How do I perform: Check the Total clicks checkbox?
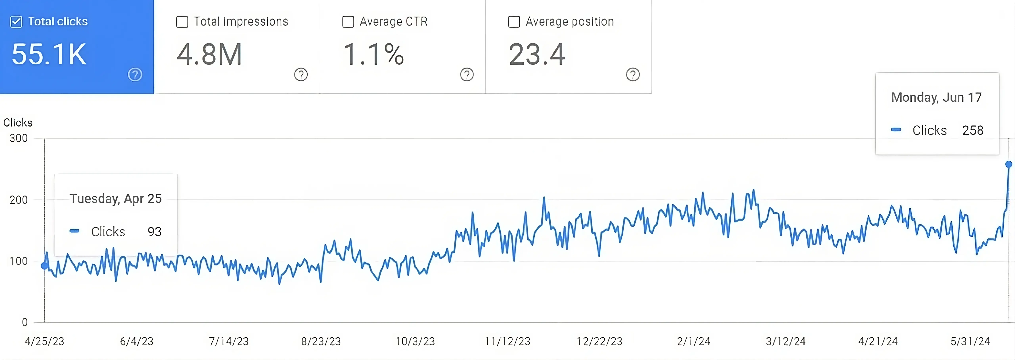point(16,22)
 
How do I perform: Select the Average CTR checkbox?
point(348,22)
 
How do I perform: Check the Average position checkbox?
point(514,22)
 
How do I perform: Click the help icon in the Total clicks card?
point(135,75)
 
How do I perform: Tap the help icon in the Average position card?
point(633,75)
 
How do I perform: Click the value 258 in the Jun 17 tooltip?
point(972,130)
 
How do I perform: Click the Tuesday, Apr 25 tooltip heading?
point(115,198)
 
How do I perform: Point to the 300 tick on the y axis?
point(18,138)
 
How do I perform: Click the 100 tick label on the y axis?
point(18,261)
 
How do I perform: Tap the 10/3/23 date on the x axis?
point(415,341)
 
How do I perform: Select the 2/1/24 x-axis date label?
point(693,341)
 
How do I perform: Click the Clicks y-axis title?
point(18,123)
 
